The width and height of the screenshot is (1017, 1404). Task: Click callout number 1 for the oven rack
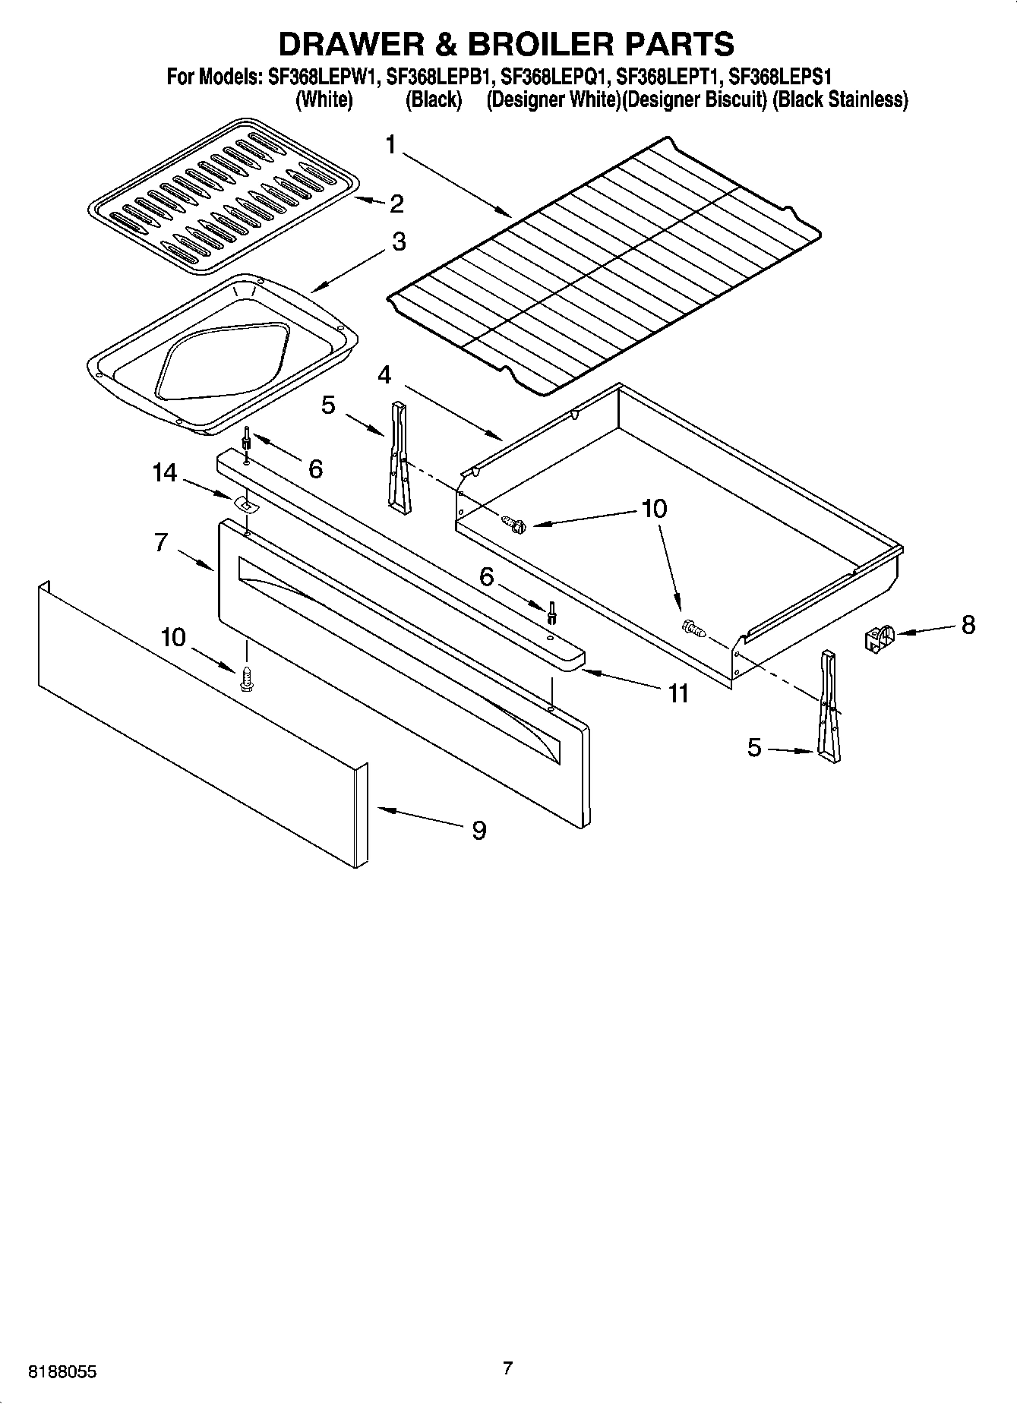pyautogui.click(x=391, y=144)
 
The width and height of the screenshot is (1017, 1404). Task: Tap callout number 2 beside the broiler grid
pyautogui.click(x=396, y=204)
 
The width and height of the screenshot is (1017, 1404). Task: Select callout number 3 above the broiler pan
pyautogui.click(x=398, y=242)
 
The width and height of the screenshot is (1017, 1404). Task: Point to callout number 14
pyautogui.click(x=165, y=473)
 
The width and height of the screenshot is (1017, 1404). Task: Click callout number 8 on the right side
pyautogui.click(x=968, y=625)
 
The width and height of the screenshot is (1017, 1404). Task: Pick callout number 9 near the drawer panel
pyautogui.click(x=478, y=831)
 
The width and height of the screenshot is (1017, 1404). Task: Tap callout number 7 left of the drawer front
pyautogui.click(x=160, y=543)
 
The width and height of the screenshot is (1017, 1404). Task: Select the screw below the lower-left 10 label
pyautogui.click(x=246, y=678)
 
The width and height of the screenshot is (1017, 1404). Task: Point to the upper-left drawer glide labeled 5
pyautogui.click(x=399, y=453)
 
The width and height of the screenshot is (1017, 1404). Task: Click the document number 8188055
pyautogui.click(x=62, y=1372)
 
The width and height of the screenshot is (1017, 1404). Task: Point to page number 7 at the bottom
pyautogui.click(x=507, y=1368)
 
